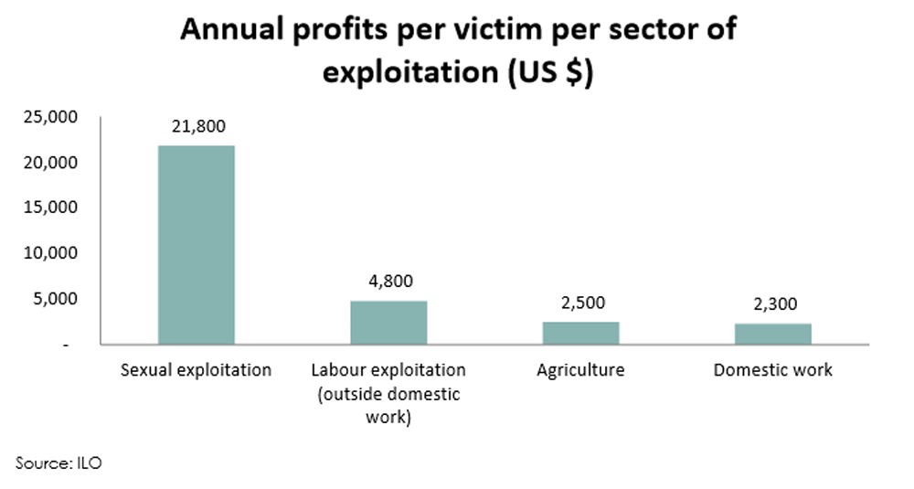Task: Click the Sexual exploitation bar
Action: (197, 245)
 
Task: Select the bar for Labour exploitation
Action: (388, 323)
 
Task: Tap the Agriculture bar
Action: (580, 333)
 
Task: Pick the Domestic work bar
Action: (772, 334)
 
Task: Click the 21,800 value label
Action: (197, 126)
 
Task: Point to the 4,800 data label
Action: (388, 282)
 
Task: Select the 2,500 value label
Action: (580, 303)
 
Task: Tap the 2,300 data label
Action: (772, 304)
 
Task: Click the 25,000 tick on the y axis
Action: (53, 117)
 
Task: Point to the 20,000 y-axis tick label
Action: (53, 163)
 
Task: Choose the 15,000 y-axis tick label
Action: (53, 207)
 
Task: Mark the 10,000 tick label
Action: (53, 253)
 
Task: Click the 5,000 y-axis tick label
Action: (57, 299)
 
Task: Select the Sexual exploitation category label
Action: (197, 370)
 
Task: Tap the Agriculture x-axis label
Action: (580, 370)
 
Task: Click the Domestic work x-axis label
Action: (772, 370)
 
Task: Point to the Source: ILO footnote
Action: (58, 463)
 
